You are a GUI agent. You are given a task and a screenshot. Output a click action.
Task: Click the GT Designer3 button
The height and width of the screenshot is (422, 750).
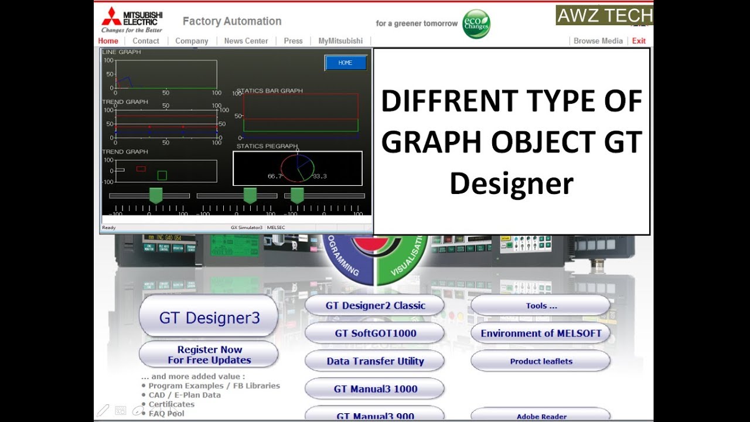pyautogui.click(x=209, y=317)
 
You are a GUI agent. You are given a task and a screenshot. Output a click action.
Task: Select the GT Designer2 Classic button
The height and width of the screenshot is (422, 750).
pyautogui.click(x=375, y=305)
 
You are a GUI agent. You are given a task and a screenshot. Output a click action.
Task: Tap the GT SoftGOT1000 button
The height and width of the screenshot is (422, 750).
pyautogui.click(x=375, y=333)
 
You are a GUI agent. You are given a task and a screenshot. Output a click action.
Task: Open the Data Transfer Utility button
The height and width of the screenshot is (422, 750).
pyautogui.click(x=375, y=361)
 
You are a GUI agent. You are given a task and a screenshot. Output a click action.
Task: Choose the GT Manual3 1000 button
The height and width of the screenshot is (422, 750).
pyautogui.click(x=375, y=389)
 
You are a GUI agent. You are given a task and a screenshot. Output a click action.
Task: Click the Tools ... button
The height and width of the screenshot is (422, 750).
pyautogui.click(x=541, y=305)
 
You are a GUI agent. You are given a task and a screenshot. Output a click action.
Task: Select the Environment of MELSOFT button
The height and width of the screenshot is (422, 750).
pyautogui.click(x=541, y=333)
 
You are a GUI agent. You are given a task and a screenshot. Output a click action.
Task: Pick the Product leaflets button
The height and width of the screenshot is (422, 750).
pyautogui.click(x=541, y=361)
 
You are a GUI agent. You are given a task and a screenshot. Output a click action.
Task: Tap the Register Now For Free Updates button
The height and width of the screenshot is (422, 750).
pyautogui.click(x=209, y=355)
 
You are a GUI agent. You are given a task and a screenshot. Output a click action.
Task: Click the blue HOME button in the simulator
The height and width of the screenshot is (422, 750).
pyautogui.click(x=346, y=63)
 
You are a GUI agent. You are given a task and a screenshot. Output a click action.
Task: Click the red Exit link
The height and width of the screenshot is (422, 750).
pyautogui.click(x=639, y=41)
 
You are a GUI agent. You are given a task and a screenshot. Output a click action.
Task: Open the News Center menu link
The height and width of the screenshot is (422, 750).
pyautogui.click(x=246, y=41)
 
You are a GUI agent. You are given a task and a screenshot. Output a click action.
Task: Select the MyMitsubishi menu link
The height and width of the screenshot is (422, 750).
pyautogui.click(x=340, y=41)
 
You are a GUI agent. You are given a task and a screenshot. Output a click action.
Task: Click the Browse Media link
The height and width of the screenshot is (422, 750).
pyautogui.click(x=598, y=41)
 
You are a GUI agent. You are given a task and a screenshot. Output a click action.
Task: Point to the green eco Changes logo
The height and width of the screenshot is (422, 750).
pyautogui.click(x=476, y=24)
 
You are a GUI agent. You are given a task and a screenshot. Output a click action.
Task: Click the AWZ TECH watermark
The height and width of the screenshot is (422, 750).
pyautogui.click(x=604, y=16)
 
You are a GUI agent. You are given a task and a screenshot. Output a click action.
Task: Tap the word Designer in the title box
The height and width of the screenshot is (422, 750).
pyautogui.click(x=511, y=183)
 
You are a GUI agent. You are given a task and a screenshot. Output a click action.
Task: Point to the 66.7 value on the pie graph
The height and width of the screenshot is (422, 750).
pyautogui.click(x=275, y=176)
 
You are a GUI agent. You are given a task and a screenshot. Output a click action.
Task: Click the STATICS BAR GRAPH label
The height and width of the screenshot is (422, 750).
pyautogui.click(x=270, y=91)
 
